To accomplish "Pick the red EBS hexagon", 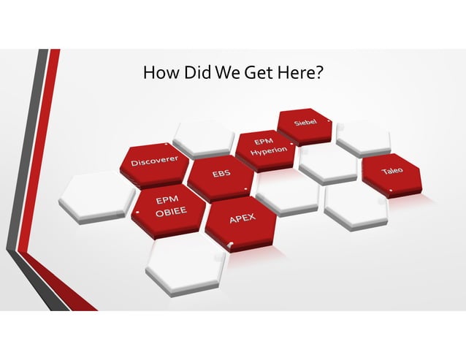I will coord(221,175).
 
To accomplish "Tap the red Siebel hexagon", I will coord(305,124).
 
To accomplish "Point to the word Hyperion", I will coord(270,151).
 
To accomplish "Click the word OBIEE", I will coord(169,212).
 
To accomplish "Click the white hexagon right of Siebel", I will coord(362,136).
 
